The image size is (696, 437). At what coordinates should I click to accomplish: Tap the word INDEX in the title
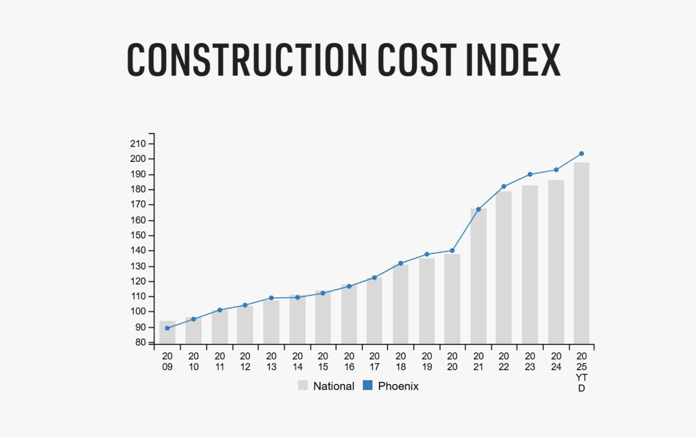(513, 60)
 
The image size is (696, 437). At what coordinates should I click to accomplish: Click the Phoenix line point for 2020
(452, 251)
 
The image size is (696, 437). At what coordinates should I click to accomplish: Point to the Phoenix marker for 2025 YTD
(582, 154)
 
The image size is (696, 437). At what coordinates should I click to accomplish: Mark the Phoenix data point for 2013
(271, 298)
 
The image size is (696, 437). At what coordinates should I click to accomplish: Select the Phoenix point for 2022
(504, 186)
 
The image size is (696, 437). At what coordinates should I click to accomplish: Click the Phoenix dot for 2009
(167, 328)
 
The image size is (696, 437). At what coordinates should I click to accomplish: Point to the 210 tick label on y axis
(138, 143)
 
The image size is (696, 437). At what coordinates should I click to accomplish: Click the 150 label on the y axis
(138, 235)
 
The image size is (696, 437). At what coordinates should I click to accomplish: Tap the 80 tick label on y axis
(140, 342)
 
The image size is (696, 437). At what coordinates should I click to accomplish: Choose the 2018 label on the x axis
(400, 361)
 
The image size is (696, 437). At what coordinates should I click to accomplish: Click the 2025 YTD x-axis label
(582, 372)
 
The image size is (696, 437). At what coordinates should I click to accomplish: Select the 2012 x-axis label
(245, 361)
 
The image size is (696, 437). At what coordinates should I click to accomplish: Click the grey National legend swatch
(303, 386)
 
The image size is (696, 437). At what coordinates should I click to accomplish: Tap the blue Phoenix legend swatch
(368, 386)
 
